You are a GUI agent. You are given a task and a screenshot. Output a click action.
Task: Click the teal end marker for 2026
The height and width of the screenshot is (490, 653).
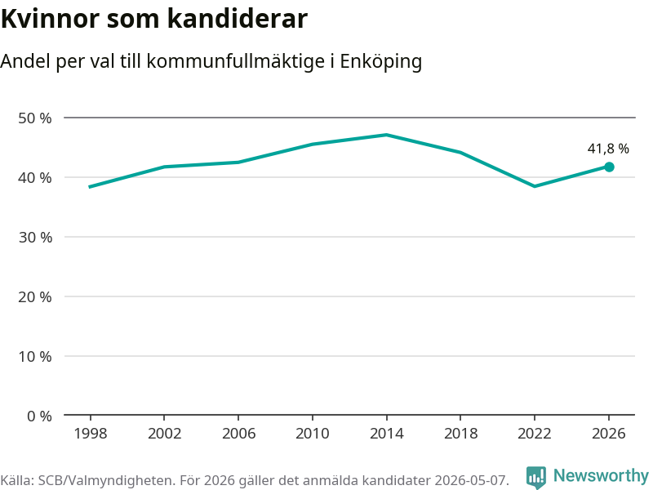[x=609, y=167]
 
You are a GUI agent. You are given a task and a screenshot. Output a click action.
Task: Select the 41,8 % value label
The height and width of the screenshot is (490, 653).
[x=608, y=149]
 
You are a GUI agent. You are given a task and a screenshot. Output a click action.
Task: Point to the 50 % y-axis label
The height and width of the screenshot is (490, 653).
[x=35, y=118]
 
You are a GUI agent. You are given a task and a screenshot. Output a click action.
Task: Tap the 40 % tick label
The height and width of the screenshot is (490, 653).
[x=35, y=178]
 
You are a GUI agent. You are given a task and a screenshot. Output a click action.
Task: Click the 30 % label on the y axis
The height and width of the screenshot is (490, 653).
[x=35, y=238]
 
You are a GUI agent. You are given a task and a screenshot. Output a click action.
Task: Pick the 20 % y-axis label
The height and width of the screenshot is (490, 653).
[x=35, y=297]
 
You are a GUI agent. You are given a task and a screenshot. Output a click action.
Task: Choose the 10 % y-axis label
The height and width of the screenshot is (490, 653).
[x=35, y=357]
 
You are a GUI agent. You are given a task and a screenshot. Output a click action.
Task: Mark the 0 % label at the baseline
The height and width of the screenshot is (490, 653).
[x=39, y=416]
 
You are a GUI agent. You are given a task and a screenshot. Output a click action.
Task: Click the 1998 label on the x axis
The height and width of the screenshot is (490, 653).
[x=91, y=434]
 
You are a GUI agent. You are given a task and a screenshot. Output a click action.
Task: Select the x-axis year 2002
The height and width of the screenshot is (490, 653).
[x=165, y=434]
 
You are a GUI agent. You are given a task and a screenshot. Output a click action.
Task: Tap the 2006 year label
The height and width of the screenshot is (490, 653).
[x=238, y=434]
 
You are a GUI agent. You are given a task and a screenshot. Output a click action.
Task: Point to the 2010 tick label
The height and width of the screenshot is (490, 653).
[x=313, y=434]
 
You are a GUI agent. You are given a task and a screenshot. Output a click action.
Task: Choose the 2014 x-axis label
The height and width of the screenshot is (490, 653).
[x=386, y=434]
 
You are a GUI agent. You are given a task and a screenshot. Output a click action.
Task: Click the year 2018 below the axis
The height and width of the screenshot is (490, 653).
[x=460, y=434]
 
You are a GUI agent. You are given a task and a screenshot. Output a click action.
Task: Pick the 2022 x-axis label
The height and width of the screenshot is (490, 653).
[x=535, y=434]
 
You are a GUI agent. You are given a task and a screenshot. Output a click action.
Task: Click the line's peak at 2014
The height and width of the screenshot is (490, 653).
[x=386, y=135]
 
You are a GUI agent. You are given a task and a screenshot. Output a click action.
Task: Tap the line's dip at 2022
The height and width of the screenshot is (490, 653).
[x=535, y=186]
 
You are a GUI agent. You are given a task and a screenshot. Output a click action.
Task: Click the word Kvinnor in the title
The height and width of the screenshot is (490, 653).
[x=51, y=19]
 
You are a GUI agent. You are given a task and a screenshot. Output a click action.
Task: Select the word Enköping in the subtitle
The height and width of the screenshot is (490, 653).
[x=381, y=62]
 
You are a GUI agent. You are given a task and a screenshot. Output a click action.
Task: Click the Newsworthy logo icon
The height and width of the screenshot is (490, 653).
[x=536, y=477]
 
